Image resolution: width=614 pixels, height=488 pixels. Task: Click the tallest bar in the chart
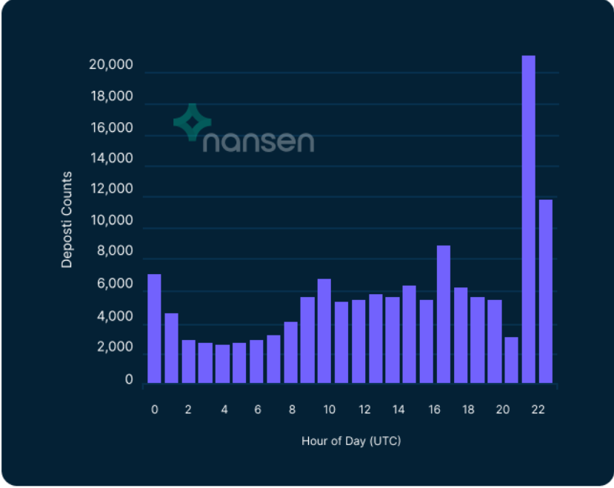coord(528,219)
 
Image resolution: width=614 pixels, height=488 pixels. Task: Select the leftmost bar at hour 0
coord(154,329)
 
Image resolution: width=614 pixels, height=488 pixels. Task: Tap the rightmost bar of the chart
coord(545,291)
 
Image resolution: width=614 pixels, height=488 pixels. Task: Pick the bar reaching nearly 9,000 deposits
coord(443,314)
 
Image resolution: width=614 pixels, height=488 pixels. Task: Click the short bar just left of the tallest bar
coord(511,360)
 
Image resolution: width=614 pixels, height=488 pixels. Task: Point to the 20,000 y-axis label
coord(110,65)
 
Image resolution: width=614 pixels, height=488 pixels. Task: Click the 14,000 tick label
coord(110,158)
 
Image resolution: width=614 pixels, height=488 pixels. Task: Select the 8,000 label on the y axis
coord(116,252)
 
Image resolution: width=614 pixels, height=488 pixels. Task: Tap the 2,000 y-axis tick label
coord(116,347)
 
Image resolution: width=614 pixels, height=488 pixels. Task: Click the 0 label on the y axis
coord(129,380)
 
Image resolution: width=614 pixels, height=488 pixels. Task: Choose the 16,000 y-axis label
coord(110,128)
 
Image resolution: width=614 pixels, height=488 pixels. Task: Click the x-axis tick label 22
coord(538,410)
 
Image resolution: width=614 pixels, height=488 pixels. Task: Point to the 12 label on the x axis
coord(364,410)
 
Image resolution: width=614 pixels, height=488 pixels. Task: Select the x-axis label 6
coord(258,410)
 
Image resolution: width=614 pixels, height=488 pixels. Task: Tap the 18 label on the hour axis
coord(468,410)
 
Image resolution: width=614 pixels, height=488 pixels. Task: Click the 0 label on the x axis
coord(154,410)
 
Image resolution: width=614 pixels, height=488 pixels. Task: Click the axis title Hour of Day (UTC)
coord(351,441)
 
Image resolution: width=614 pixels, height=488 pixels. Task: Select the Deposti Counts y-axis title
coord(67,219)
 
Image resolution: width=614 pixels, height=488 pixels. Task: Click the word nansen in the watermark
coord(258,141)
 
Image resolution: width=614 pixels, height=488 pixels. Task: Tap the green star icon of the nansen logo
coord(192,122)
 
